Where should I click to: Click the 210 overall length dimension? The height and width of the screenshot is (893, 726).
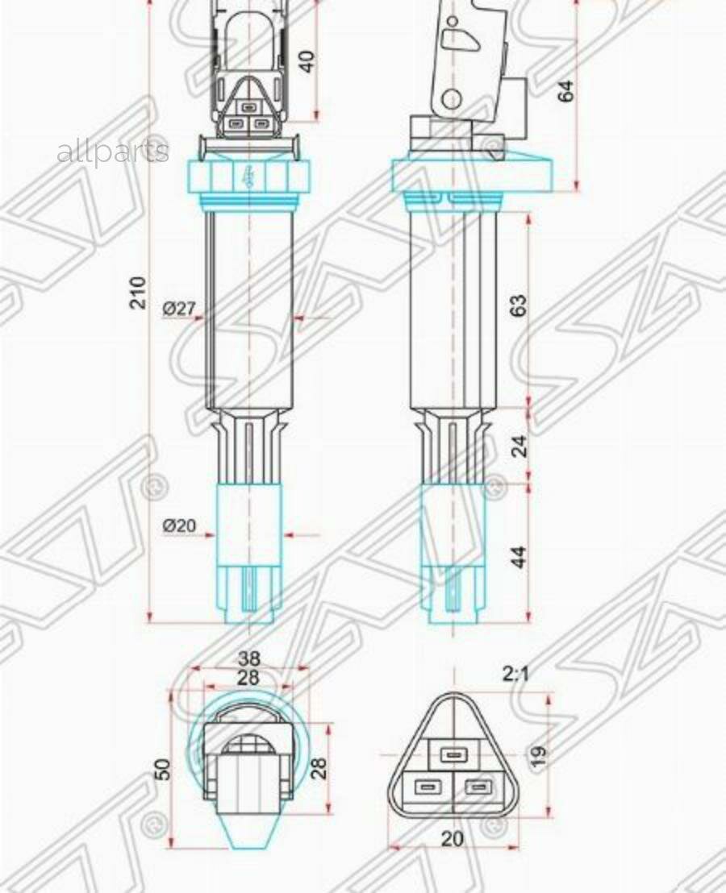point(140,292)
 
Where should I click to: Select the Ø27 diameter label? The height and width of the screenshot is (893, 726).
point(179,308)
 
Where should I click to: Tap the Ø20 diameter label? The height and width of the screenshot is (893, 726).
point(179,525)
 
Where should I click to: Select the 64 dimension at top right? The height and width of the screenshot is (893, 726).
point(566,90)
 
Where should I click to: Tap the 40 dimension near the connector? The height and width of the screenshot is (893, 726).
point(307,60)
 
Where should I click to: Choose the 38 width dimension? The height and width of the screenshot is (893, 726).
point(248,658)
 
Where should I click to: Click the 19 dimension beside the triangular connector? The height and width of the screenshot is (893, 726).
point(539,755)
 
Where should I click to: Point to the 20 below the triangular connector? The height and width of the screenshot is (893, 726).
point(453,839)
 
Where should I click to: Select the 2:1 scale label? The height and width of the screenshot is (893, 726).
point(515,673)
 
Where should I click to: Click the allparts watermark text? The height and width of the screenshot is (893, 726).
point(113,151)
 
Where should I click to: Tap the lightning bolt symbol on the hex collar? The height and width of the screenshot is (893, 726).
point(248,175)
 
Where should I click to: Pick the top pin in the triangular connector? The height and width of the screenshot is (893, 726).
point(453,754)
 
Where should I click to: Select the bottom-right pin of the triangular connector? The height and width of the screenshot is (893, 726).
point(478,787)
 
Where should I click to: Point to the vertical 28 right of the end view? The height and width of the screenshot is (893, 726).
point(319,767)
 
